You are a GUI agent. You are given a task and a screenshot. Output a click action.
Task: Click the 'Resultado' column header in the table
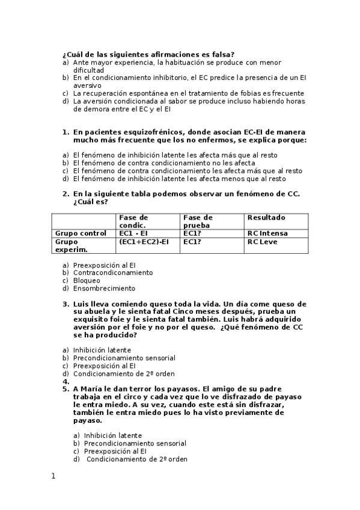[266, 218]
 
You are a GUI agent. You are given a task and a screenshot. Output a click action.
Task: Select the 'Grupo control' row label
[81, 233]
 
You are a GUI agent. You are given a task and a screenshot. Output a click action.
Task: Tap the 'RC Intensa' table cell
[267, 233]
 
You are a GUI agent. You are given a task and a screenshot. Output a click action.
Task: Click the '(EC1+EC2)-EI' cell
[144, 242]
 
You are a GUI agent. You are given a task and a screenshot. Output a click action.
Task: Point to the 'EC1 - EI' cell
[134, 233]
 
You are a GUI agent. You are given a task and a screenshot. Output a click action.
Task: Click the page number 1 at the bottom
[53, 476]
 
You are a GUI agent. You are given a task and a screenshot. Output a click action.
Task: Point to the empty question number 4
[66, 381]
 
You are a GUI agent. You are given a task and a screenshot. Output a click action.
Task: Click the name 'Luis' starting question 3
[82, 304]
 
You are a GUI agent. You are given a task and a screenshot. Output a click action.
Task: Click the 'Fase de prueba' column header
[198, 221]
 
